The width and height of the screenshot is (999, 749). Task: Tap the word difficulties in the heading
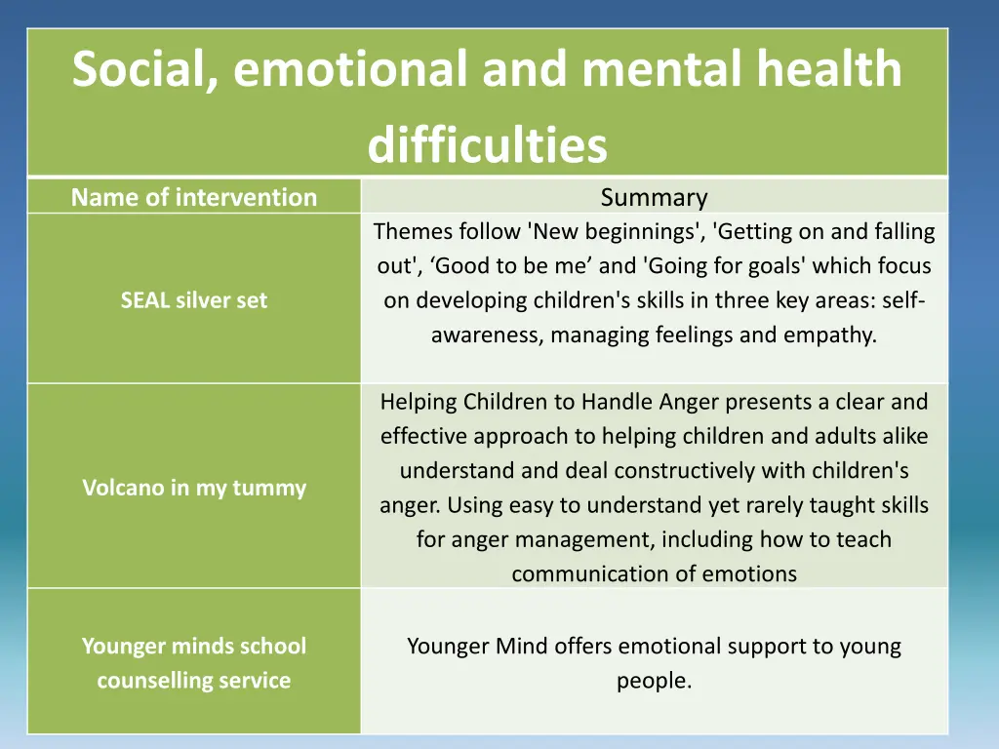487,145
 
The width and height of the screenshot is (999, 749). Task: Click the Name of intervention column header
194,197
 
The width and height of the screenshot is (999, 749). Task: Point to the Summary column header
654,197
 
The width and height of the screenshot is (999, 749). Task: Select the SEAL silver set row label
193,300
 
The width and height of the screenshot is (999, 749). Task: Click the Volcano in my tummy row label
194,488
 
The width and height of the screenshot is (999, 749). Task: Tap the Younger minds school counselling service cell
193,663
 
